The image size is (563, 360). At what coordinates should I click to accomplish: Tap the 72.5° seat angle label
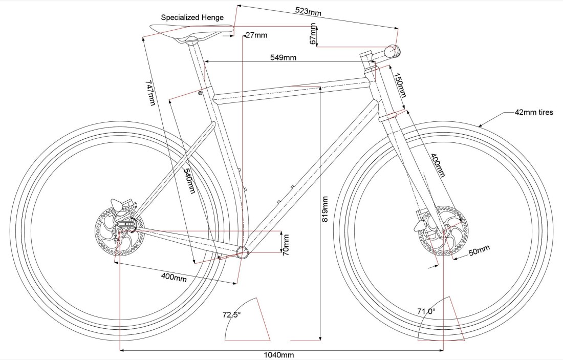point(231,315)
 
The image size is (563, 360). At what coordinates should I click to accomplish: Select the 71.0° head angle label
point(426,311)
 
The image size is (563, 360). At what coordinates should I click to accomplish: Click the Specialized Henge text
point(192,17)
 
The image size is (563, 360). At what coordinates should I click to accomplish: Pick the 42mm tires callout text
point(535,112)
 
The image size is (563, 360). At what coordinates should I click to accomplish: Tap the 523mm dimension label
point(309,11)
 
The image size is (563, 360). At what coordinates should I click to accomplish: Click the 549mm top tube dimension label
point(284,57)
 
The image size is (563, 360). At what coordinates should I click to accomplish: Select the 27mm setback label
point(256,35)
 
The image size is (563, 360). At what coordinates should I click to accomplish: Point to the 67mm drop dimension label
point(314,34)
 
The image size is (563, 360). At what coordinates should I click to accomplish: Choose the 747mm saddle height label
point(150,92)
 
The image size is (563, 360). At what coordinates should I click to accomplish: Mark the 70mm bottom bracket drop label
point(286,244)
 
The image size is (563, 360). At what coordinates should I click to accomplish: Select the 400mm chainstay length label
point(174,278)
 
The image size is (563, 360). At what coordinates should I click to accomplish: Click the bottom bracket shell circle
point(242,252)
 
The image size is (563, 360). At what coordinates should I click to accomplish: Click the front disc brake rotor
point(443,231)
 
